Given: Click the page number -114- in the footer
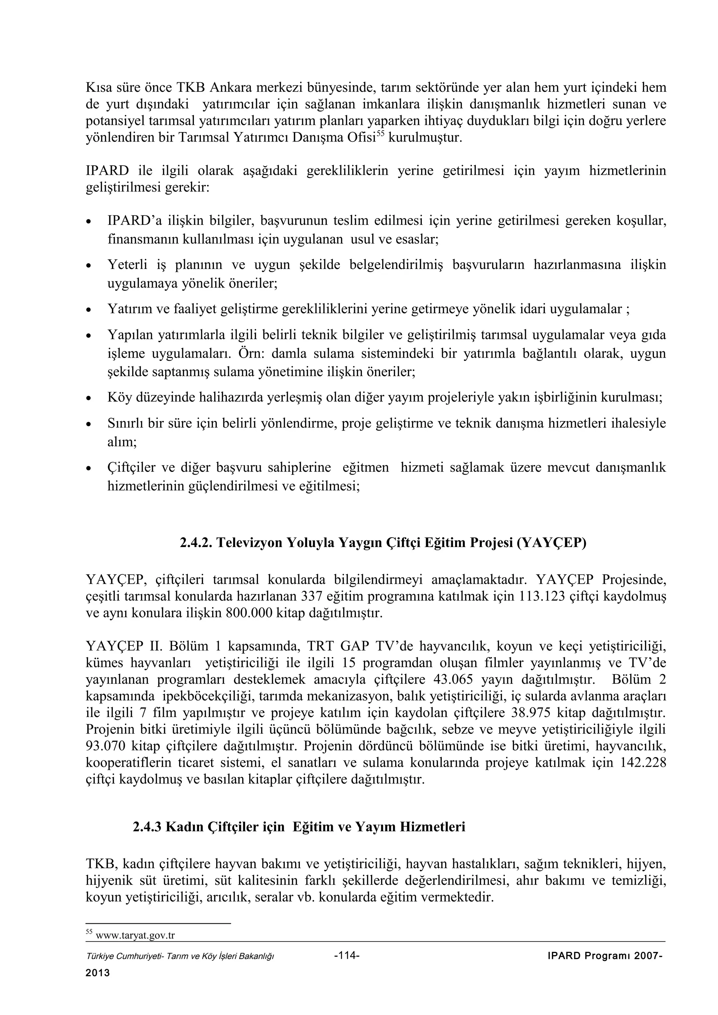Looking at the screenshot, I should click(x=346, y=955).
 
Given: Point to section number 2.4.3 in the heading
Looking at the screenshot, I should click(x=148, y=827).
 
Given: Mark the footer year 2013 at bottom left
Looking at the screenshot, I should click(x=97, y=973).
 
